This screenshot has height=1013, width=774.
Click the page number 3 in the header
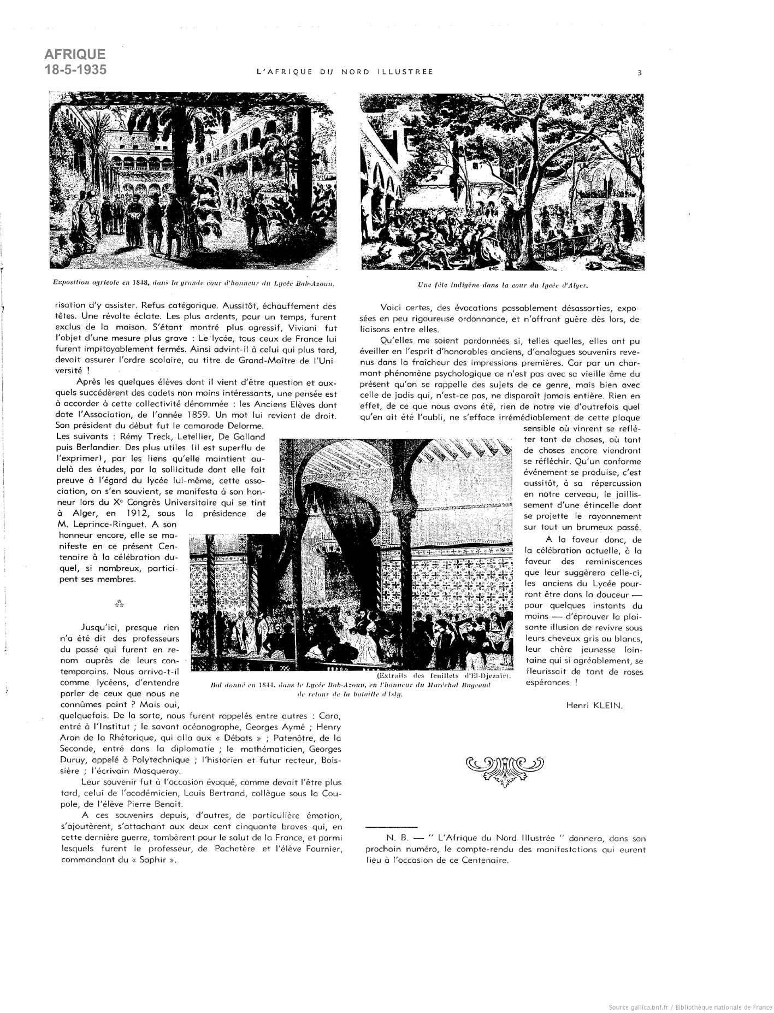[639, 72]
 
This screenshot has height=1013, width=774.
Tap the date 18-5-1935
[75, 70]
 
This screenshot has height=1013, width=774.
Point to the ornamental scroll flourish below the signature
[505, 772]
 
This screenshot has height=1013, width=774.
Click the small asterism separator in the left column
[120, 604]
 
